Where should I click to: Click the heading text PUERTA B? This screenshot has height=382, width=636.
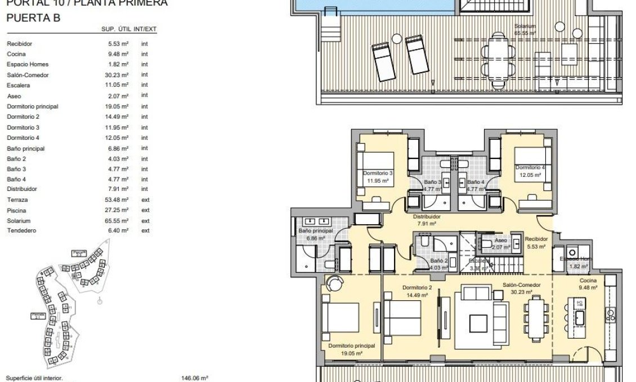click(x=33, y=18)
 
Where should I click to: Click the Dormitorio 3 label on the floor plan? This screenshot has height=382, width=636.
click(x=378, y=174)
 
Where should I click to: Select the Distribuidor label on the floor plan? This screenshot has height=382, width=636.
click(x=426, y=216)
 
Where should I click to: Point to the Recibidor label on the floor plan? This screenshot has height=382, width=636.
click(x=535, y=239)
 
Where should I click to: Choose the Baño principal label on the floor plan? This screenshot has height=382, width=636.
click(x=316, y=231)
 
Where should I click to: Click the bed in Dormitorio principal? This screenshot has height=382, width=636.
click(x=340, y=317)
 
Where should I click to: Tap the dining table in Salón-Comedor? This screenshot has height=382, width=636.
click(x=535, y=317)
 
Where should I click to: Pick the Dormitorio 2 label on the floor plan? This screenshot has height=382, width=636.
click(x=418, y=287)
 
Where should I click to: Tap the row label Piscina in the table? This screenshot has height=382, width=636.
click(x=16, y=210)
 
